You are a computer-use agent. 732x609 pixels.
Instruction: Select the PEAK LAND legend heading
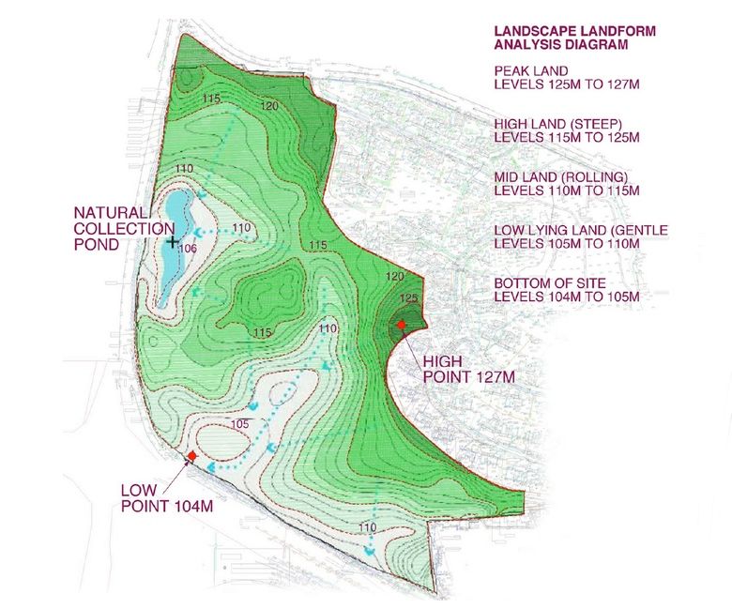(x=532, y=70)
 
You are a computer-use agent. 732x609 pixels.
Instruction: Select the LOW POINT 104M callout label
(x=169, y=497)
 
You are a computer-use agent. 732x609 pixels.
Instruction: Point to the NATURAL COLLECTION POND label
(x=111, y=228)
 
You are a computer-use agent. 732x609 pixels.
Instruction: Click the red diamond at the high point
(x=402, y=325)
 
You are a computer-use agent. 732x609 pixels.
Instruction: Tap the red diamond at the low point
(x=191, y=456)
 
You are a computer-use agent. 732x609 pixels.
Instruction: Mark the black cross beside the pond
(x=172, y=241)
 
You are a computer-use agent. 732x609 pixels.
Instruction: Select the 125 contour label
(x=406, y=298)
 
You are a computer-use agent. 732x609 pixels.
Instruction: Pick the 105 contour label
(x=240, y=424)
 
